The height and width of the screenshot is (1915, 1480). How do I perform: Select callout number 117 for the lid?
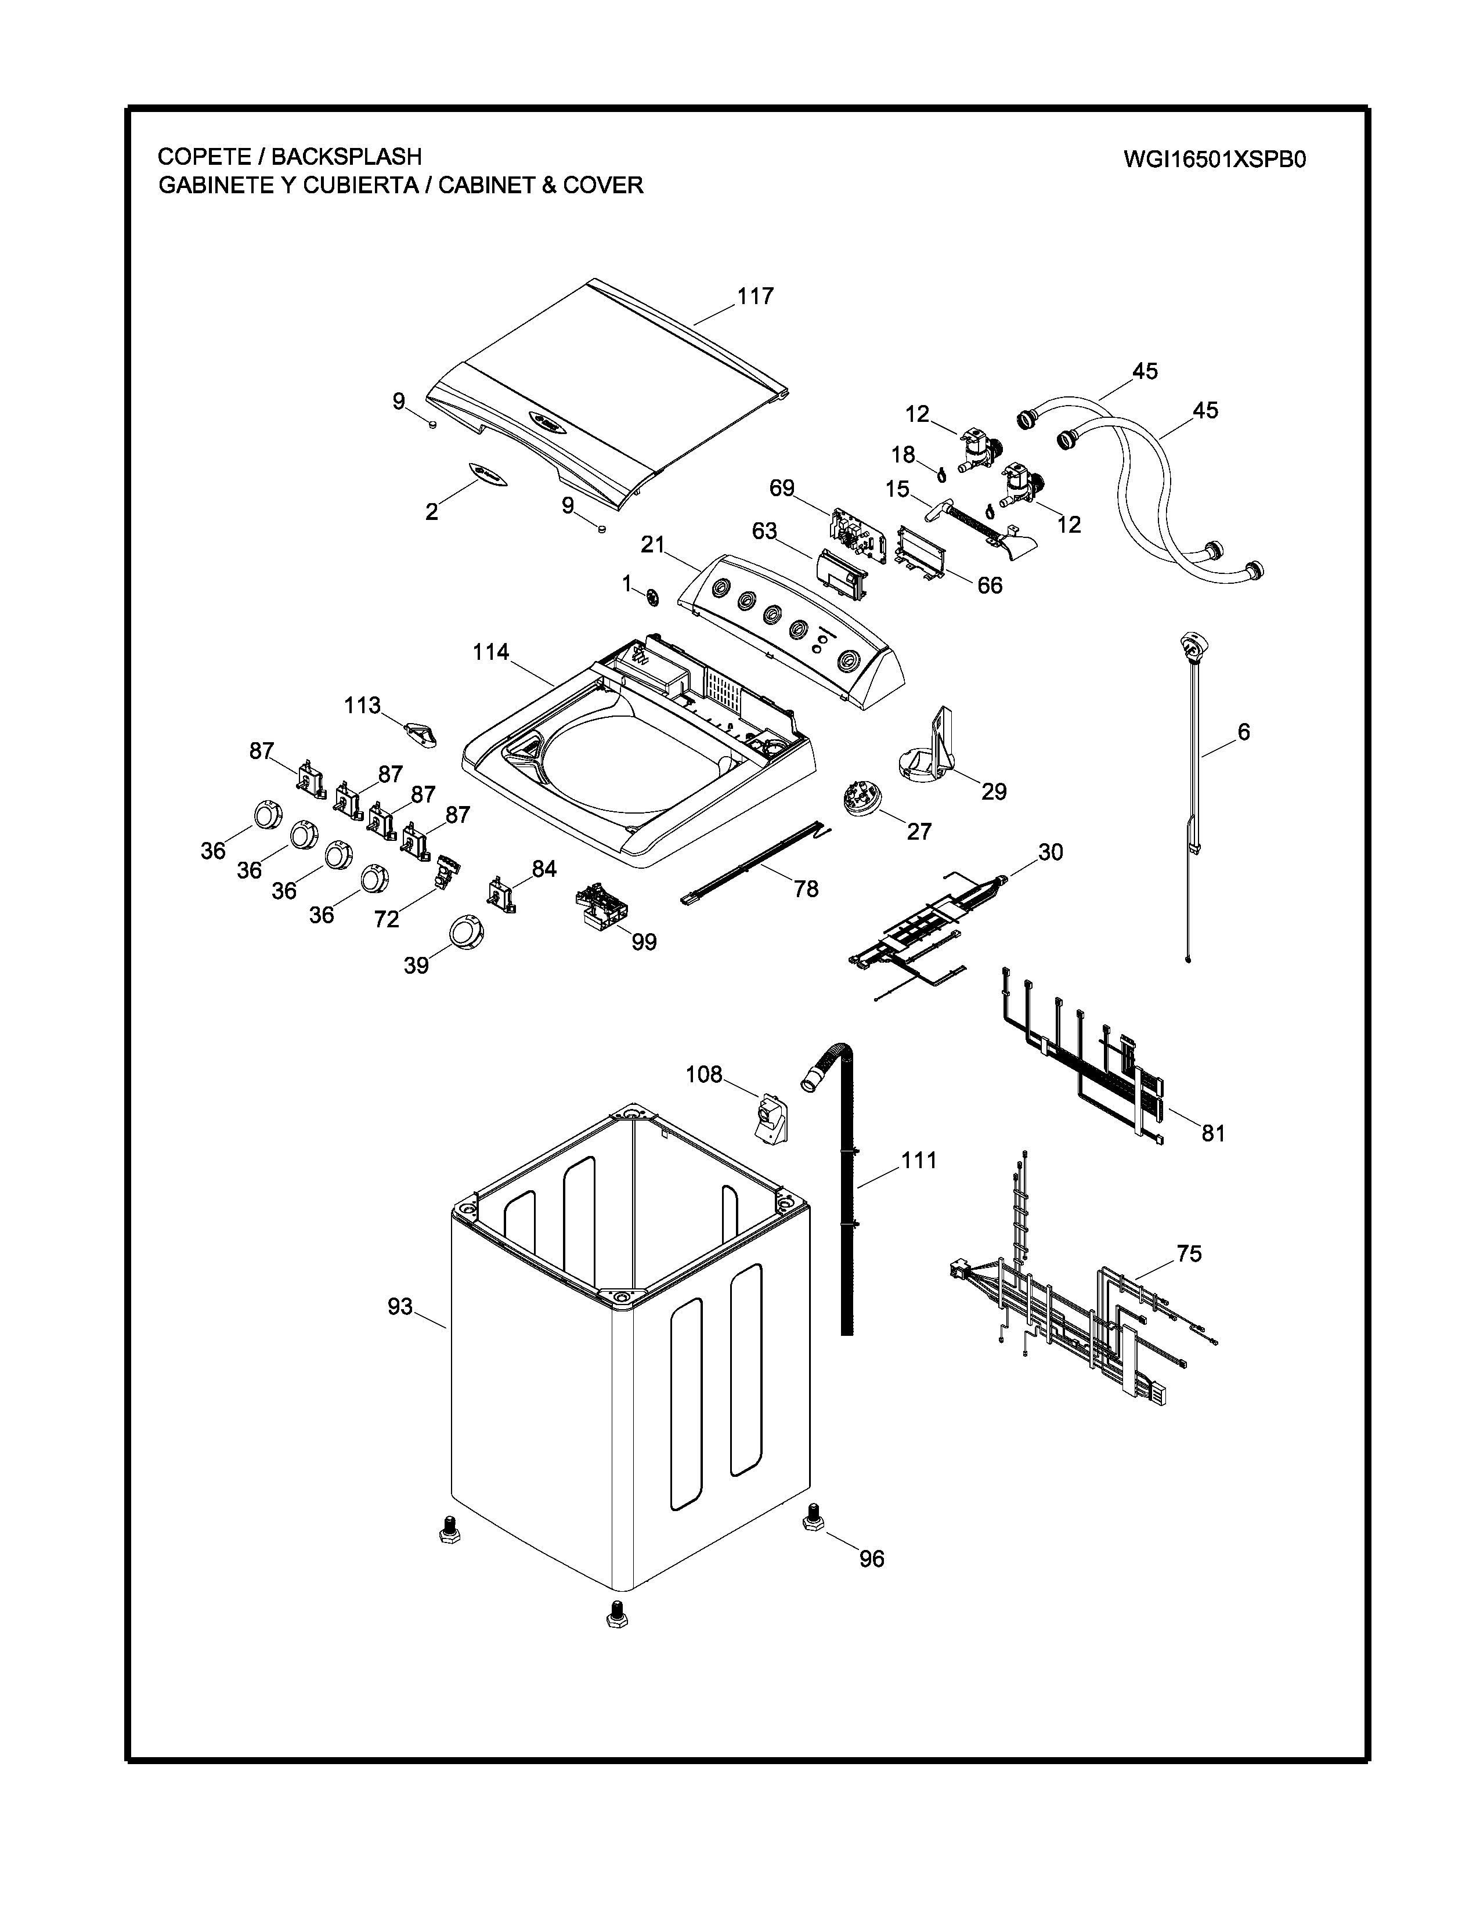tap(755, 297)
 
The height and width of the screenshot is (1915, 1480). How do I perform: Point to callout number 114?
tap(491, 652)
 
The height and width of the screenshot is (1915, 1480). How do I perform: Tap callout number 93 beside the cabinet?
tap(400, 1306)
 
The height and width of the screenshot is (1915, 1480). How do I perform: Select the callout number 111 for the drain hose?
tap(919, 1160)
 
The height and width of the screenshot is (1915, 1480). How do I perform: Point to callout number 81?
tap(1212, 1133)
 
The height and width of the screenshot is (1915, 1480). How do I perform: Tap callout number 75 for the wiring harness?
tap(1189, 1254)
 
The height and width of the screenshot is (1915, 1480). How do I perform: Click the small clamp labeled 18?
tap(941, 475)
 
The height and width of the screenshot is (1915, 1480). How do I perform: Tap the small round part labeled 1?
tap(651, 598)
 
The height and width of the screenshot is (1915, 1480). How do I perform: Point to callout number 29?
tap(994, 792)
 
